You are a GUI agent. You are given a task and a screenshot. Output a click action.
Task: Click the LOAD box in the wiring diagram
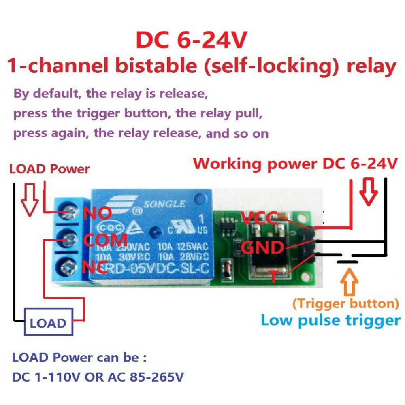(48, 323)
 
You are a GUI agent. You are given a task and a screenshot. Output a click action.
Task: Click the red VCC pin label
(258, 219)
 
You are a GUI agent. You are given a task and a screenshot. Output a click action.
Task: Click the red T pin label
(274, 277)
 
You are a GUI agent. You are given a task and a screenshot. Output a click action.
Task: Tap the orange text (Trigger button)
(345, 303)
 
